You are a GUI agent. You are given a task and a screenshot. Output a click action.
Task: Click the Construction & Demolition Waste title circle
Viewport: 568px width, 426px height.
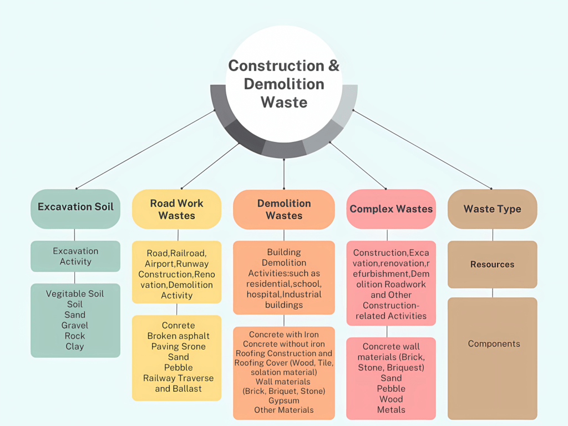click(283, 83)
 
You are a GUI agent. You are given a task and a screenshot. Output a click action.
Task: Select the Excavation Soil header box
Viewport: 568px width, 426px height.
click(75, 207)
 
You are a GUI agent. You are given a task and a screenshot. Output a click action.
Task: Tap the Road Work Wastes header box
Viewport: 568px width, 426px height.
click(176, 209)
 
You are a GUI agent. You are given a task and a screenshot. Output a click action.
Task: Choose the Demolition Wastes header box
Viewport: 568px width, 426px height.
click(284, 209)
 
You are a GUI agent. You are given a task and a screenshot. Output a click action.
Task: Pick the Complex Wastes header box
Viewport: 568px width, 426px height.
click(391, 209)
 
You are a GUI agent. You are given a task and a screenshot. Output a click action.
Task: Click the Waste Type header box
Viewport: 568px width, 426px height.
click(492, 209)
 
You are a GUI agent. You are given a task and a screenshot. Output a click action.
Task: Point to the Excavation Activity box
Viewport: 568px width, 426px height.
click(75, 256)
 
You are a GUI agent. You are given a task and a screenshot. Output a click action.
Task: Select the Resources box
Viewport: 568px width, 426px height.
click(492, 265)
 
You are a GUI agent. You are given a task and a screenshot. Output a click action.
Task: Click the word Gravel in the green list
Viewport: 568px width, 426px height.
click(75, 325)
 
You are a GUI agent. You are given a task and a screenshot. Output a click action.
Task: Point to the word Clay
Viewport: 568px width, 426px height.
click(75, 346)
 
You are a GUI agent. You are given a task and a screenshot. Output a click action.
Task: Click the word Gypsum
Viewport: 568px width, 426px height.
click(283, 400)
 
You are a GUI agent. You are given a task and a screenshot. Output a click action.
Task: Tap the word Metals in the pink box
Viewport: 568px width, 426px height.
click(391, 410)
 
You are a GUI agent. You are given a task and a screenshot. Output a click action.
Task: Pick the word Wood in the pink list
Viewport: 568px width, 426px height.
click(391, 399)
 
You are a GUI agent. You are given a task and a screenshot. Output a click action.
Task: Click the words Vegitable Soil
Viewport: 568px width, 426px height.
click(75, 293)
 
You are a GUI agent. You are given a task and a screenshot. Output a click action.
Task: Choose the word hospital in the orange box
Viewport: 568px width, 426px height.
click(264, 294)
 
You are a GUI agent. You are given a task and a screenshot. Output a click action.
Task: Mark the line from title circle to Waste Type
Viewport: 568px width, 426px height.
click(422, 149)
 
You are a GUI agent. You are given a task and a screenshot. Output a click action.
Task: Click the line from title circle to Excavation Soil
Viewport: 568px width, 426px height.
click(145, 149)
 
